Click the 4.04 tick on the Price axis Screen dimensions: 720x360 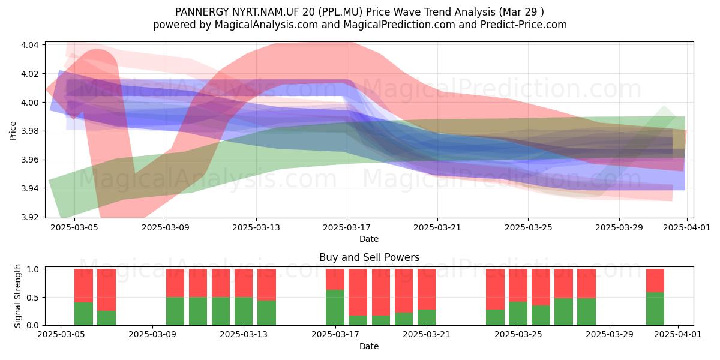[29, 45]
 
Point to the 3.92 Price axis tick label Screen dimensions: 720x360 [29, 217]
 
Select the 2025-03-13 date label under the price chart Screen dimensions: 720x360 [256, 228]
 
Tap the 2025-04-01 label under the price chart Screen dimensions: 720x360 [687, 228]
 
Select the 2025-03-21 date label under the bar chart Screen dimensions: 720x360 [427, 335]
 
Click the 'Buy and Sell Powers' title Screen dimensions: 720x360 [370, 257]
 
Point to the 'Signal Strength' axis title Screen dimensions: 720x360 [17, 296]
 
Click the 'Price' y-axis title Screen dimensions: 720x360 [13, 131]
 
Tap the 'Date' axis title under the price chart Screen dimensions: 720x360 [369, 239]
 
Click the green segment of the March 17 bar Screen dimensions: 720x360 [335, 308]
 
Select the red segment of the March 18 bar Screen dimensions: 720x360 [358, 293]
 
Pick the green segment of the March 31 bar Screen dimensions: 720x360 [655, 308]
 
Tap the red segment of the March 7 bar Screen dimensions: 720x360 [106, 290]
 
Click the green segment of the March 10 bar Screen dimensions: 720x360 [175, 311]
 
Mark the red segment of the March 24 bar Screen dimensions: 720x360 [495, 289]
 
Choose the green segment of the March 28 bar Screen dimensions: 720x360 [586, 312]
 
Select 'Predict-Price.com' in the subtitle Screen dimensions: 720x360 [524, 25]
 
